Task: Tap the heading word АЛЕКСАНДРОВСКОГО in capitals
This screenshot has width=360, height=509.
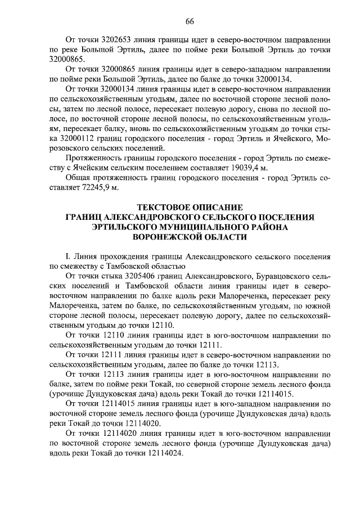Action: [163, 217]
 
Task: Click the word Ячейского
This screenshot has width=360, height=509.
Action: [291, 138]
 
